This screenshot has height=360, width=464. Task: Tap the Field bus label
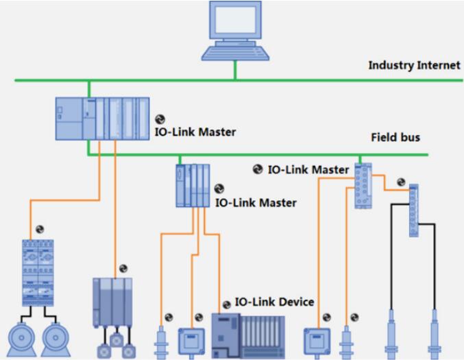[x=395, y=137]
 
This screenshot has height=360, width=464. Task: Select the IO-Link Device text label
[x=274, y=302]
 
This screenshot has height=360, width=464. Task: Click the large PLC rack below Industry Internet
[x=102, y=119]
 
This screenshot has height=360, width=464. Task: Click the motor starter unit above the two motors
[x=38, y=272]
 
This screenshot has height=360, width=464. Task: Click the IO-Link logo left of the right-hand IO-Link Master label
[x=258, y=169]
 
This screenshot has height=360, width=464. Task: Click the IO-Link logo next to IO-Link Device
[x=226, y=304]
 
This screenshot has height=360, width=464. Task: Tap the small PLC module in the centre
[x=193, y=185]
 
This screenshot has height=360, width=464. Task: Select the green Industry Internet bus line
[x=206, y=80]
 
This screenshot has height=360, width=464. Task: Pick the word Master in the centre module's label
[x=278, y=203]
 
